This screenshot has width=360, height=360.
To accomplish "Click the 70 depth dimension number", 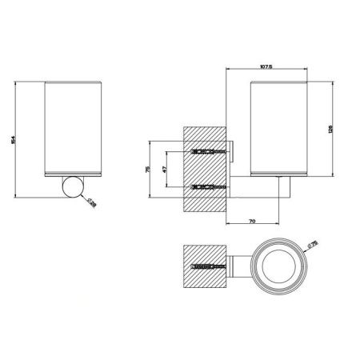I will point(252,219).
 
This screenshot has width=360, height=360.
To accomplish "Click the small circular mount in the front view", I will point(73,188).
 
